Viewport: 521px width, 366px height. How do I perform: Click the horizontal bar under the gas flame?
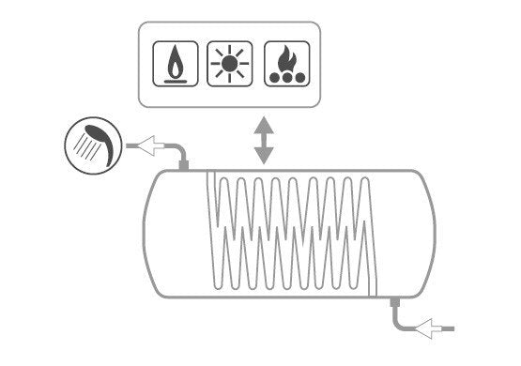point(175,81)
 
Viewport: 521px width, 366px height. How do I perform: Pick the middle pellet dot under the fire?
point(284,78)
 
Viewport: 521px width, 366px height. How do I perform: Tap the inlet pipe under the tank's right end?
point(400,314)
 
